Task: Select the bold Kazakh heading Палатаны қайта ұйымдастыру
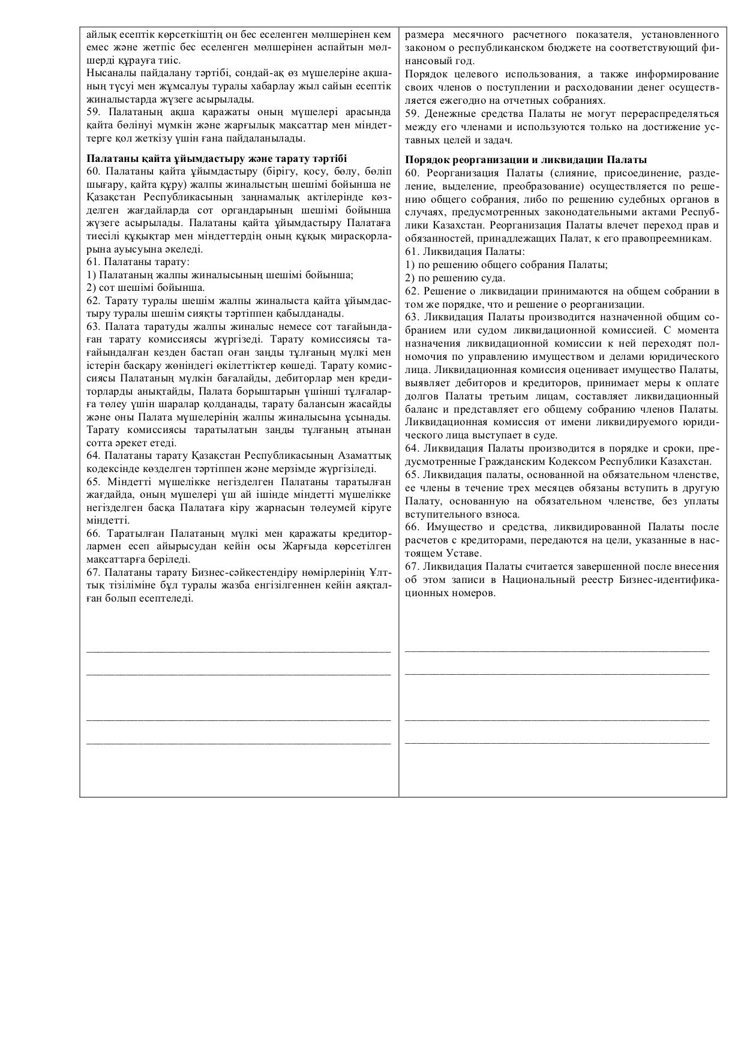(x=217, y=158)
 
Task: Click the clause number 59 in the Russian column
(x=412, y=114)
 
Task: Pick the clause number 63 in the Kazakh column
(x=93, y=326)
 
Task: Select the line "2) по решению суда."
(x=455, y=278)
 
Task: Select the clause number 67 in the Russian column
(x=412, y=566)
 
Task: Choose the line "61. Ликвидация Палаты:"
(x=465, y=252)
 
